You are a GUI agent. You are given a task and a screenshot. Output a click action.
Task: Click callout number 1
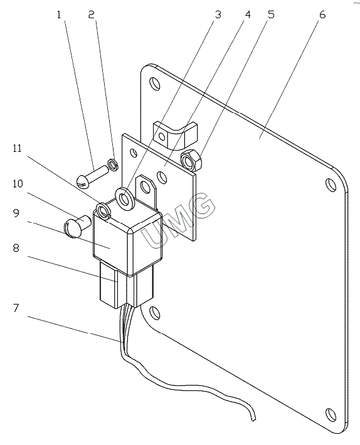point(59,15)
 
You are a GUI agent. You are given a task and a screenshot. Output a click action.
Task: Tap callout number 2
point(91,15)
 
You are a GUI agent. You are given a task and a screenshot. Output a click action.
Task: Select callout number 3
point(218,15)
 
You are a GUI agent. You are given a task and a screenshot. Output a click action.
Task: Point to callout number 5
point(271,15)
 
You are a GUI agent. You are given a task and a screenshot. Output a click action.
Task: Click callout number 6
point(322,15)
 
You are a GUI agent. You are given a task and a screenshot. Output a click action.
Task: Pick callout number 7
point(16,308)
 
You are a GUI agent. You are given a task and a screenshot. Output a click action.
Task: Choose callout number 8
point(16,248)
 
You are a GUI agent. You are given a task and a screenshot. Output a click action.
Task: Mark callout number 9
point(16,213)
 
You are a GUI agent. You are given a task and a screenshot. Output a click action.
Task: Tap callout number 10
point(18,184)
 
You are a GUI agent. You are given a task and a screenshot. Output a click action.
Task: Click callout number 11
point(17,148)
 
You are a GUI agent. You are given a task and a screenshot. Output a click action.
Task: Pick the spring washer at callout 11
point(103,211)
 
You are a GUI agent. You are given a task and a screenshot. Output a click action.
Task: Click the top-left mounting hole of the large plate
point(155,83)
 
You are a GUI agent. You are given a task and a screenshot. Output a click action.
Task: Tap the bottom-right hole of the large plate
point(331,415)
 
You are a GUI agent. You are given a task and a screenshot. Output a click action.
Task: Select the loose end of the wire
point(253,418)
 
